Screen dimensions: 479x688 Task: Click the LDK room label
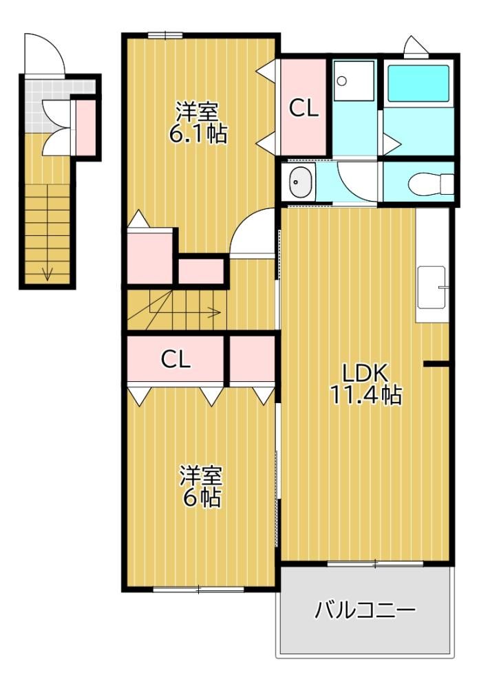[x=365, y=374]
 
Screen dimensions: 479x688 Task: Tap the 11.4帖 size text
[x=365, y=395]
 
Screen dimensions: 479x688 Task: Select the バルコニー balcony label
[x=365, y=610]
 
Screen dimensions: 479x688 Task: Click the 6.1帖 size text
[x=198, y=134]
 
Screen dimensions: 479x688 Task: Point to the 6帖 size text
[x=201, y=497]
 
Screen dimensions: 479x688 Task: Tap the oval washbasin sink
[x=301, y=182]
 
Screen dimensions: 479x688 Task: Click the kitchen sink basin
[x=432, y=288]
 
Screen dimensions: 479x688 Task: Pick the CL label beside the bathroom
[x=304, y=108]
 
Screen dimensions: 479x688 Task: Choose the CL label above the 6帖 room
[x=175, y=359]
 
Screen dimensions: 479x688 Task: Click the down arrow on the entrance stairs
[x=47, y=274]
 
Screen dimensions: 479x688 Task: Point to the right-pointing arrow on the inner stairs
[x=184, y=312]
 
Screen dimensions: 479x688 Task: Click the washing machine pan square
[x=354, y=80]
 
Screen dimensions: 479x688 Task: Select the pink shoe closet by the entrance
[x=85, y=127]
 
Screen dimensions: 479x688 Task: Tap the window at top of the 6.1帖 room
[x=165, y=36]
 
